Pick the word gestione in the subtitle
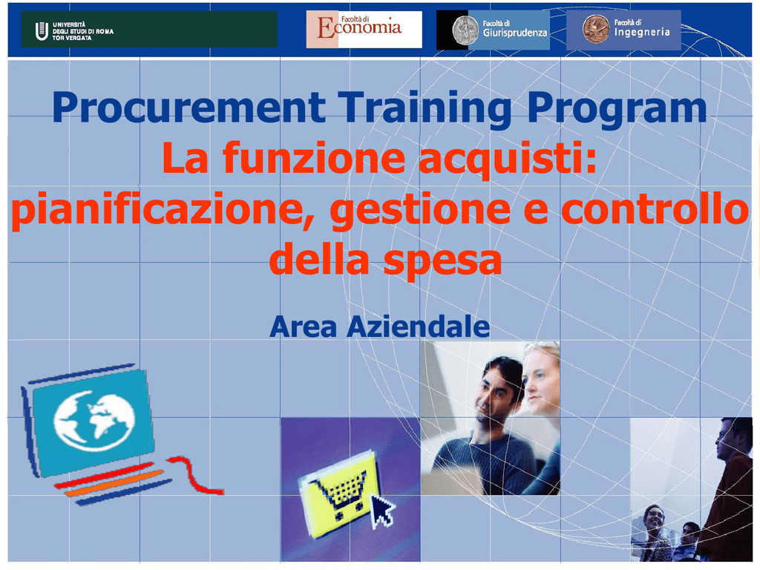tap(420, 211)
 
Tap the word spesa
tap(442, 261)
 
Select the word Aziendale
tap(418, 327)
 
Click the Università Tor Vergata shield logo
tap(42, 31)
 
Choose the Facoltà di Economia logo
tap(364, 29)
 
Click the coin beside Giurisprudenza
tap(465, 30)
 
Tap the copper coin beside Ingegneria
tap(596, 29)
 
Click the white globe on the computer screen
tap(94, 421)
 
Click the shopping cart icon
tap(340, 493)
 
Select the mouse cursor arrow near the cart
tap(383, 511)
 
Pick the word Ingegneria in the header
tap(642, 33)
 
